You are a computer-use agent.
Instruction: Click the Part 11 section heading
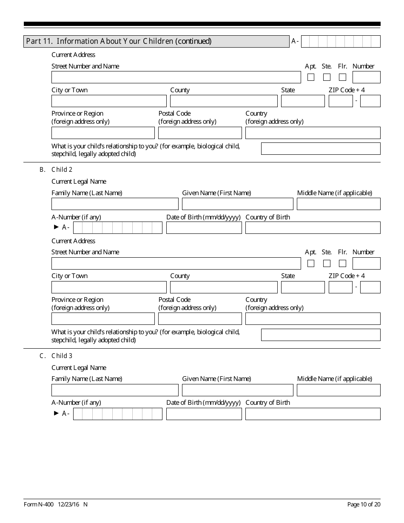tap(119, 41)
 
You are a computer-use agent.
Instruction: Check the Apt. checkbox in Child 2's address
tap(311, 263)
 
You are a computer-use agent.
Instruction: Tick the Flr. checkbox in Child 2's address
tap(342, 263)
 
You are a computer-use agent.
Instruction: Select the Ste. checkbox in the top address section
tap(327, 77)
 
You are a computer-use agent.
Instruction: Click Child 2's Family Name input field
tap(115, 204)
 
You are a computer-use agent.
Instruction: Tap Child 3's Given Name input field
tap(237, 390)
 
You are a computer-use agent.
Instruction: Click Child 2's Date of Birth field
tap(204, 228)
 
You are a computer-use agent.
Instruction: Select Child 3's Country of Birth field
tap(313, 414)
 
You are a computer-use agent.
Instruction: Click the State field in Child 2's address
tap(303, 287)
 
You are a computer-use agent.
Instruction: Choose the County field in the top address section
tap(224, 101)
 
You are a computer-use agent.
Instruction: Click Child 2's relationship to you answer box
tap(321, 335)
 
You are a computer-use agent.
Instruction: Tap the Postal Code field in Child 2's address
tap(200, 319)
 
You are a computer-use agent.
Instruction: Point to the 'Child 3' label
tap(62, 356)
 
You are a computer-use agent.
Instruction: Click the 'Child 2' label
tap(62, 170)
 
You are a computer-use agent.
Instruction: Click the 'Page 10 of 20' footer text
tap(364, 504)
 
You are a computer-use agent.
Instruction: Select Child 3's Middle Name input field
tap(339, 390)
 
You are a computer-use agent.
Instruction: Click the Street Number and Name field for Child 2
tap(176, 263)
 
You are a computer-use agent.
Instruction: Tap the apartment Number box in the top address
tap(366, 77)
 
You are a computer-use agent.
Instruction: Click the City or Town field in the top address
tap(109, 101)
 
